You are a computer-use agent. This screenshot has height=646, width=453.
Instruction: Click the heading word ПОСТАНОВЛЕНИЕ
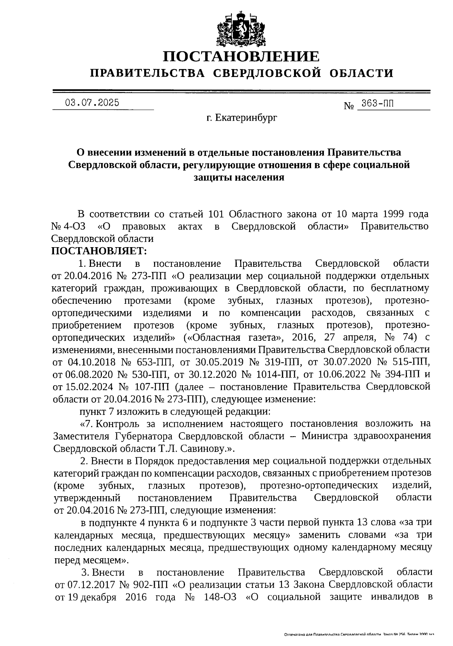point(241,57)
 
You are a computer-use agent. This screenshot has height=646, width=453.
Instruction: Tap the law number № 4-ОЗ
point(68,226)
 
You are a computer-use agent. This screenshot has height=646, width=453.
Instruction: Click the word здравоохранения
point(390,436)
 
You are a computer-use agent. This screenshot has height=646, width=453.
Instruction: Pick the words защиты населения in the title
point(239,177)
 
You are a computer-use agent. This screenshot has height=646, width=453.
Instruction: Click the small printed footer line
point(359,635)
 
